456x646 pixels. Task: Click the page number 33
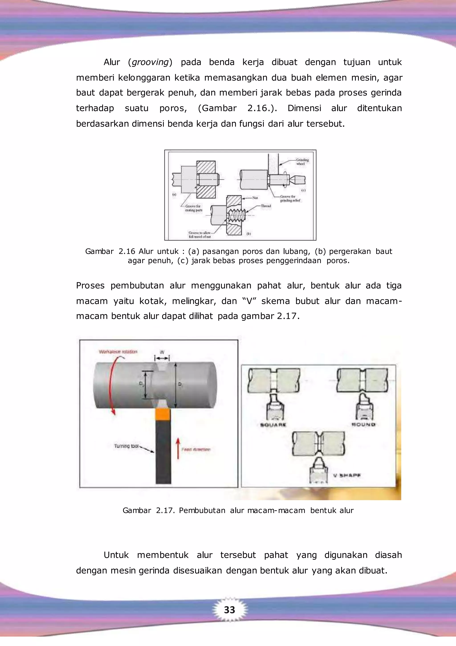[229, 610]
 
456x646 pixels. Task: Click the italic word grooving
[150, 62]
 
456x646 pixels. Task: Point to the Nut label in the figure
[255, 198]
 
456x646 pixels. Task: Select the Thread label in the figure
[266, 206]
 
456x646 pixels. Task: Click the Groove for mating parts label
[193, 208]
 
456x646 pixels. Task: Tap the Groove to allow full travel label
[199, 235]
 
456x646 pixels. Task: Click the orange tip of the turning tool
[163, 414]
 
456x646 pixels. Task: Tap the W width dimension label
[162, 352]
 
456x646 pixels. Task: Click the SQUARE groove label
[273, 425]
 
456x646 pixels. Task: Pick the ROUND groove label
[363, 424]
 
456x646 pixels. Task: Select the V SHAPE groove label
[347, 476]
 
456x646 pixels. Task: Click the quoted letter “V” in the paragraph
[248, 301]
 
